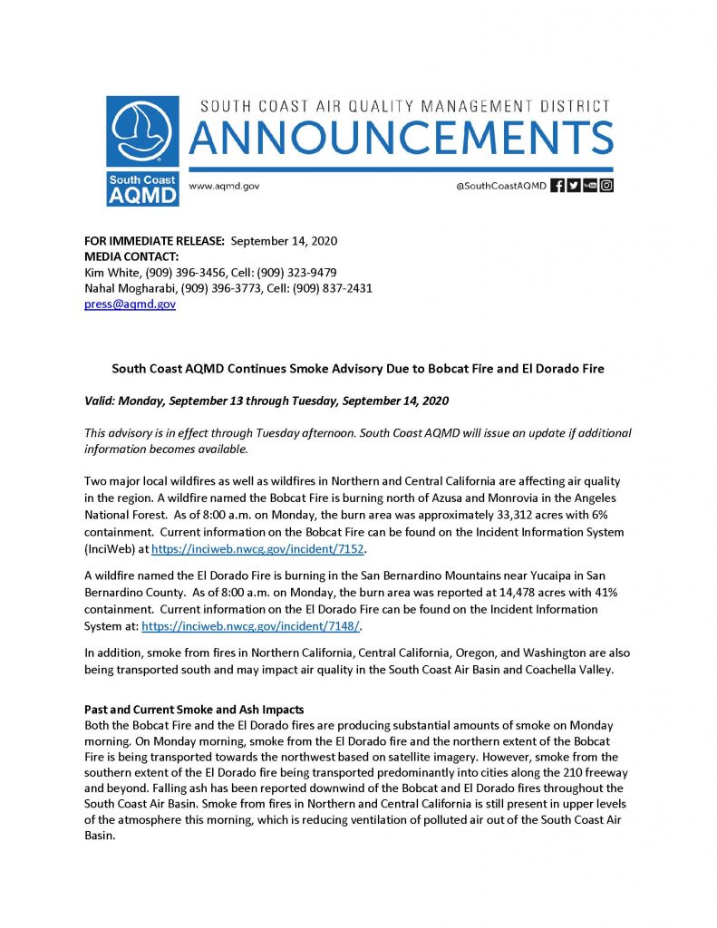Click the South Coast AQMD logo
tap(142, 151)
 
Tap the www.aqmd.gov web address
tap(224, 186)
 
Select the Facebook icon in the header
tap(558, 186)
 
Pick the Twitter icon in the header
tap(574, 186)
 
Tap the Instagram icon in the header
tap(607, 186)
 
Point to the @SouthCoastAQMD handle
tap(501, 186)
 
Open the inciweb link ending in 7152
tap(262, 549)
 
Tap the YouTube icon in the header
tap(590, 186)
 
